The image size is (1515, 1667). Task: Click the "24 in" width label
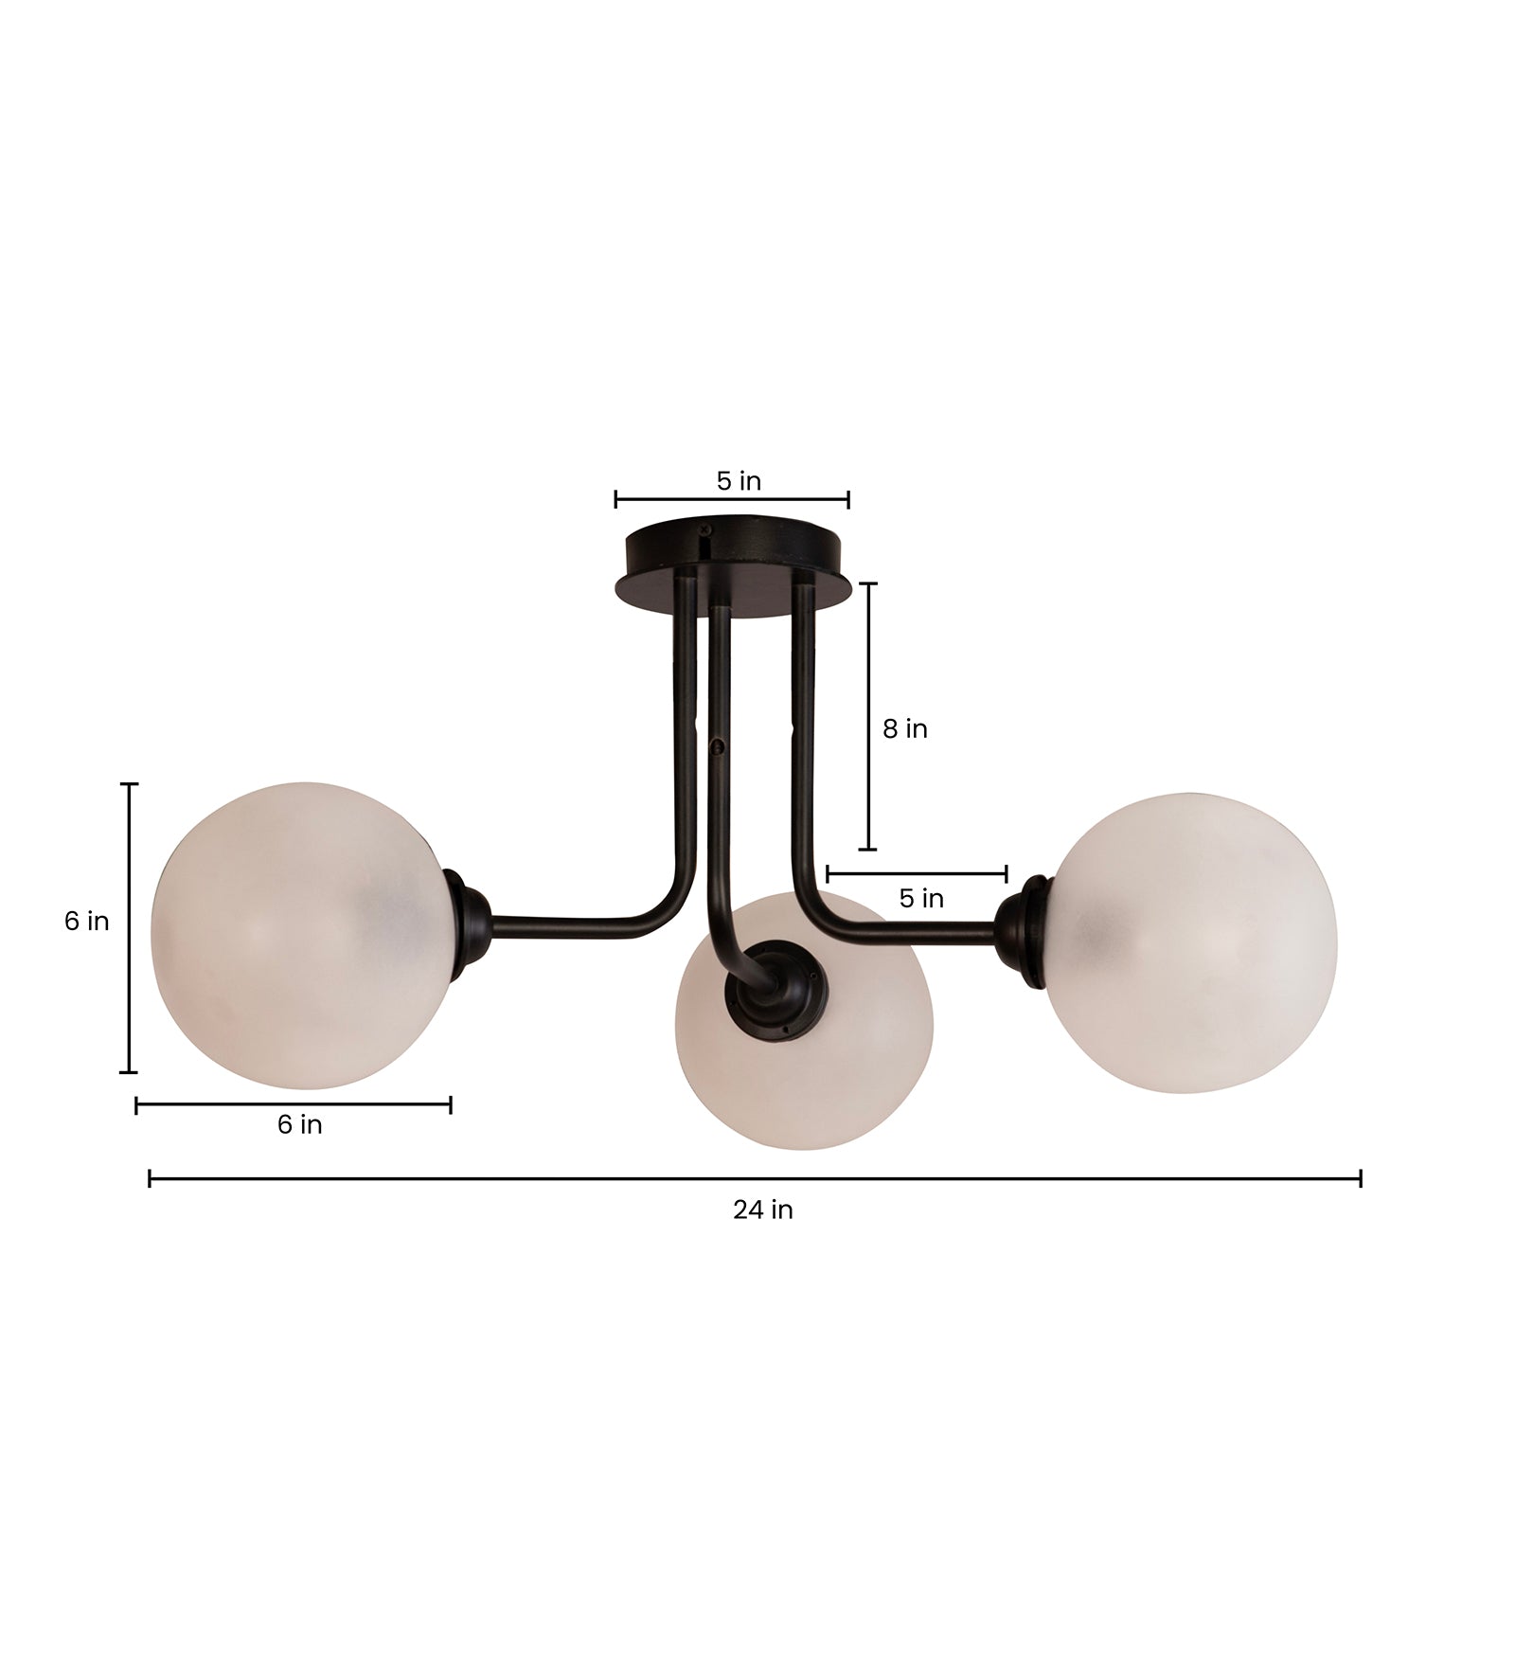coord(762,1210)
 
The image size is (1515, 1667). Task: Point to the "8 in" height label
coord(904,728)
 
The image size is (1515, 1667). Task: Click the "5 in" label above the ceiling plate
coord(739,481)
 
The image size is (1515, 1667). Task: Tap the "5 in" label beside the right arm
coord(921,898)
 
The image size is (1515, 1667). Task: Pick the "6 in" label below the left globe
coord(299,1124)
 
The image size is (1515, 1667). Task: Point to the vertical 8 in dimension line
coord(867,716)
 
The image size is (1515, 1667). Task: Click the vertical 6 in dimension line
coord(131,928)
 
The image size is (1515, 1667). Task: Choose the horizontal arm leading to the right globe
coord(909,933)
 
